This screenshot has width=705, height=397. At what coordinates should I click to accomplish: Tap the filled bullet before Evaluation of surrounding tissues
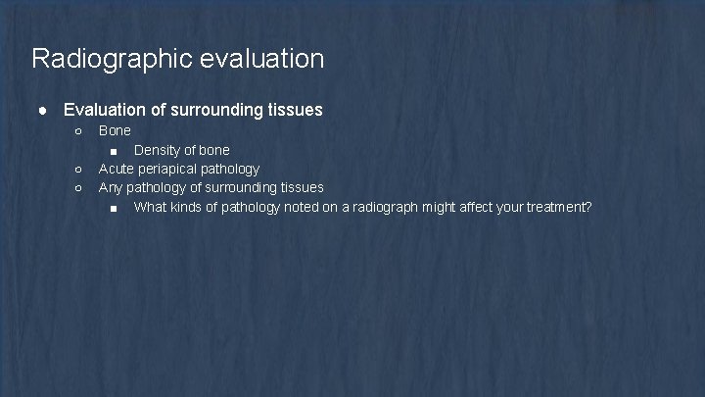[44, 110]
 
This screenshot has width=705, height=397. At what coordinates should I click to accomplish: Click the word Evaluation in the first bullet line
[106, 110]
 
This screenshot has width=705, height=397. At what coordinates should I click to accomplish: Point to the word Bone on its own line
[115, 130]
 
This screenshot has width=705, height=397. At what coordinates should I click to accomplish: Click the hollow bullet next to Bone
[78, 130]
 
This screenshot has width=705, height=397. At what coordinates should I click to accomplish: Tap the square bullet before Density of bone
[115, 150]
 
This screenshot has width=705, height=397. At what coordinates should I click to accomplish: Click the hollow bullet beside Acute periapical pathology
[78, 169]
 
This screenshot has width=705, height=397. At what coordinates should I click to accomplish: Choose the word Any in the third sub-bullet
[111, 187]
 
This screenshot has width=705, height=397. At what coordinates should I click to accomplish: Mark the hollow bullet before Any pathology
[78, 187]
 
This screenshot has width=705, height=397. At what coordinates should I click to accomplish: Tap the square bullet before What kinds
[115, 207]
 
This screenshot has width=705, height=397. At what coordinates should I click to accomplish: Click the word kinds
[192, 207]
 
